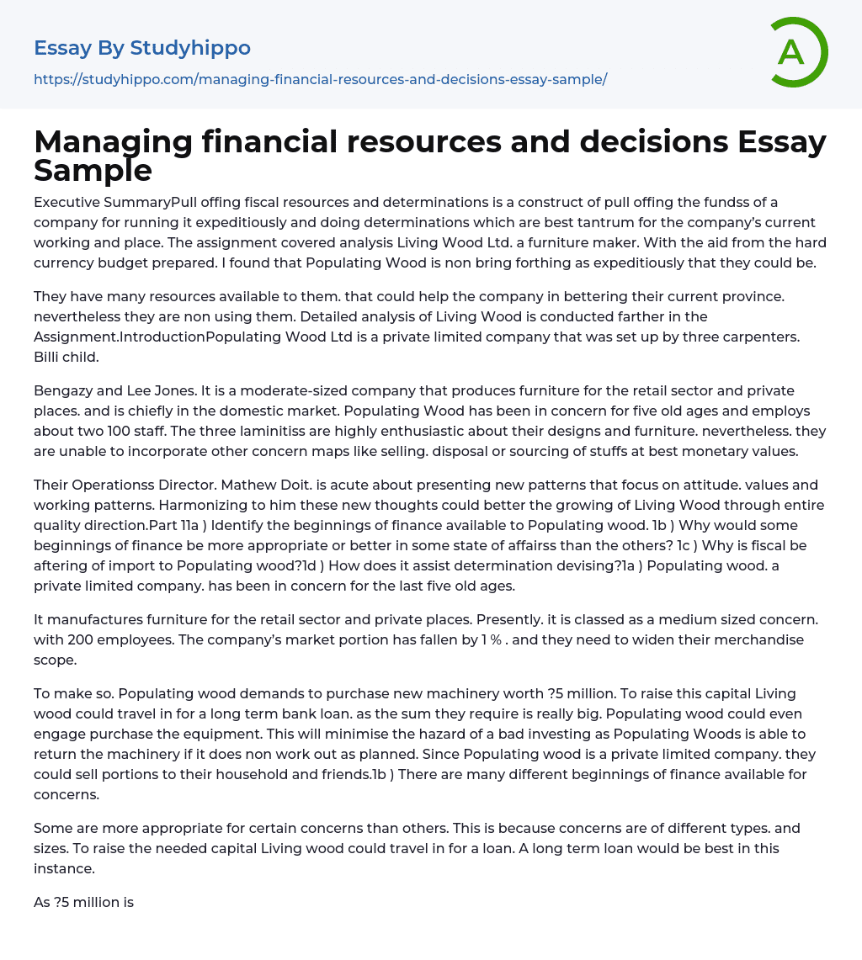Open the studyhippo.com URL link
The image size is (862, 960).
click(x=320, y=79)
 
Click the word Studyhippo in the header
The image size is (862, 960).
click(x=190, y=48)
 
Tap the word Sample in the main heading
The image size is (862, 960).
click(x=93, y=170)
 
